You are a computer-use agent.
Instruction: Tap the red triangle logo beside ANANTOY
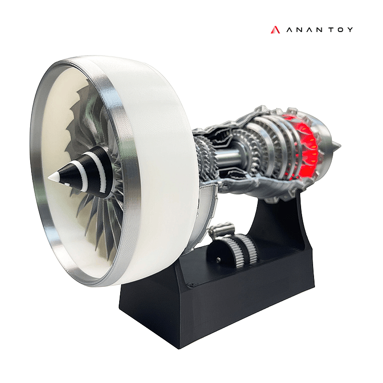pyautogui.click(x=274, y=30)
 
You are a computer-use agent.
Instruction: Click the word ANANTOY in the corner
pyautogui.click(x=318, y=30)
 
